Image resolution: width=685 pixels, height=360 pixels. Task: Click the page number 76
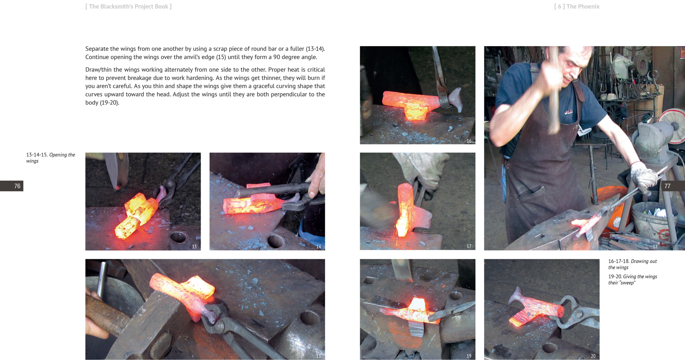pyautogui.click(x=17, y=186)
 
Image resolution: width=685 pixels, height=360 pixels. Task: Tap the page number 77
pyautogui.click(x=667, y=186)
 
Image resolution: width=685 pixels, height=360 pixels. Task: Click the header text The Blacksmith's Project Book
pyautogui.click(x=128, y=6)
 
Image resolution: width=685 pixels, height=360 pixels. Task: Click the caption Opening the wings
pyautogui.click(x=50, y=158)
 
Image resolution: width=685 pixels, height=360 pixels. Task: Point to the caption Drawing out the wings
pyautogui.click(x=633, y=264)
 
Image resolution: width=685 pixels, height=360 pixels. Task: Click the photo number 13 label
pyautogui.click(x=194, y=247)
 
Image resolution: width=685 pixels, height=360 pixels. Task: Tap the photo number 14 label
pyautogui.click(x=319, y=247)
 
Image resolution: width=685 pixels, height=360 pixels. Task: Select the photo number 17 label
pyautogui.click(x=469, y=246)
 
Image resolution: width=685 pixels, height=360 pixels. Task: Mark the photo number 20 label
pyautogui.click(x=593, y=356)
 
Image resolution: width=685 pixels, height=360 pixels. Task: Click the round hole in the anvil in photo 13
pyautogui.click(x=178, y=237)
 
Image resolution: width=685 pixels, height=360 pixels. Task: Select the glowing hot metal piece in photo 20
pyautogui.click(x=535, y=308)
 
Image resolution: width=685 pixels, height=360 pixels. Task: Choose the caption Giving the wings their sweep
pyautogui.click(x=633, y=280)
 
